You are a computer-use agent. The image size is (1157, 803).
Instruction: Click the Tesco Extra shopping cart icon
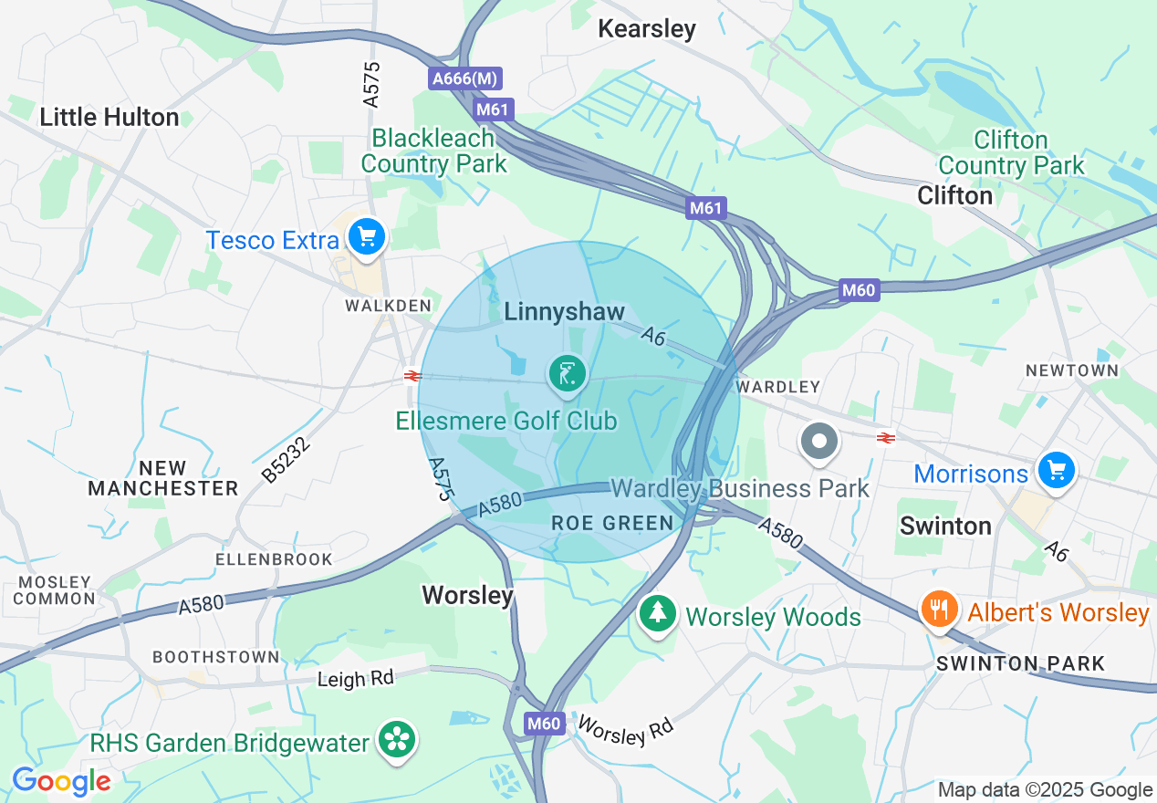pos(367,237)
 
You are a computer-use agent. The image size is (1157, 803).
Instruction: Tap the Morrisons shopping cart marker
pos(1057,471)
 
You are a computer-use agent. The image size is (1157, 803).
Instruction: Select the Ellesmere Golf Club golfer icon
pos(567,374)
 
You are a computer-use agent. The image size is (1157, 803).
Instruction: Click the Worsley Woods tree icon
pos(656,613)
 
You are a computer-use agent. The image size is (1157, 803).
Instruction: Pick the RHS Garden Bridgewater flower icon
pos(398,740)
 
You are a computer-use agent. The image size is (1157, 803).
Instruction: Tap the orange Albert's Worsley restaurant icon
pos(937,609)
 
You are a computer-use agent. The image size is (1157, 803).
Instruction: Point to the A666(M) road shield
pos(465,79)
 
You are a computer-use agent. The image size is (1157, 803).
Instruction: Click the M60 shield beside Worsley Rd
pos(544,724)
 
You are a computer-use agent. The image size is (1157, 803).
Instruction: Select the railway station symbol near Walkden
pos(412,375)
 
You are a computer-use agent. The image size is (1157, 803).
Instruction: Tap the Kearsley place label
pos(647,29)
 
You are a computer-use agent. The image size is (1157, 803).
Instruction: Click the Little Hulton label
pos(109,117)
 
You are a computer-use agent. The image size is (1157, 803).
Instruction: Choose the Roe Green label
pos(612,523)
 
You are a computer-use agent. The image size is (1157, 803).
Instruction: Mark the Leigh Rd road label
pos(356,679)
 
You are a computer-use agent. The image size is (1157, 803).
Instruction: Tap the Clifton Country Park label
pos(1011,152)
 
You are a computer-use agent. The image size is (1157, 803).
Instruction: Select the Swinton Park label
pos(1021,663)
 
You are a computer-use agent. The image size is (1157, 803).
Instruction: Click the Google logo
pos(61,781)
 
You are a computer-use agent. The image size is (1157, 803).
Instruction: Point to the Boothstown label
pos(216,657)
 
